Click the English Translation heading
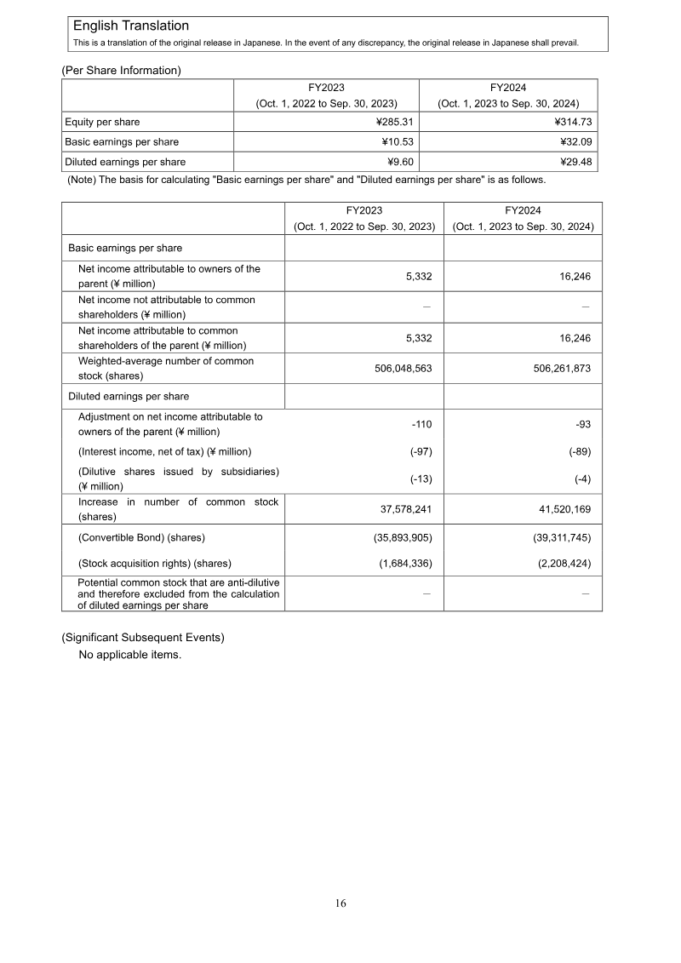(131, 26)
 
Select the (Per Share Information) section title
(121, 70)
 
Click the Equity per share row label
(103, 122)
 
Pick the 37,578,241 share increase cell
(406, 509)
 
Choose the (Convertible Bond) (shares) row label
(141, 537)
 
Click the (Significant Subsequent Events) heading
(142, 638)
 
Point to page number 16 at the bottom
(340, 903)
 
